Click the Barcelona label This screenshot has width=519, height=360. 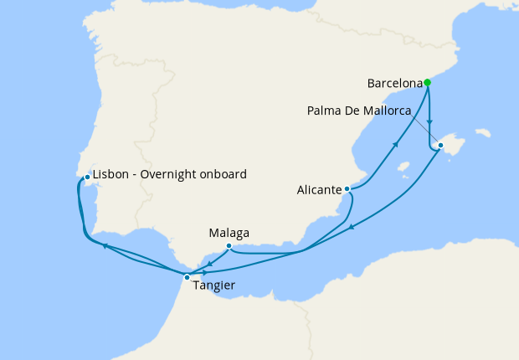pos(395,84)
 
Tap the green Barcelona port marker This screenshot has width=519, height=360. pos(428,82)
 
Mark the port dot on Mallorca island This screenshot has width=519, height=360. pos(440,145)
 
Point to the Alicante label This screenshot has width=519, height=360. pos(318,190)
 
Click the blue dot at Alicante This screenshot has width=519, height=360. pos(347,189)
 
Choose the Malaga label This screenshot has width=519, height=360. pos(229,233)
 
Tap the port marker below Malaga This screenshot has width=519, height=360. pos(229,245)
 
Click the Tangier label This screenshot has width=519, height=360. pos(213,285)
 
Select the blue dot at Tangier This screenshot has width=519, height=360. pos(187,276)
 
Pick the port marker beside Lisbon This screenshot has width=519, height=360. pos(87,177)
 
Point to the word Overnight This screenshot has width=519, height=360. pos(171,175)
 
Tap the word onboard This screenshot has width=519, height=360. pos(224,175)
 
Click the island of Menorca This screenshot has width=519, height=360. pos(481,132)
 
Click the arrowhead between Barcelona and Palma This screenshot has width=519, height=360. pos(429,122)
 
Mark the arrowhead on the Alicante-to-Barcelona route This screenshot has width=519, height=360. pos(396,146)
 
